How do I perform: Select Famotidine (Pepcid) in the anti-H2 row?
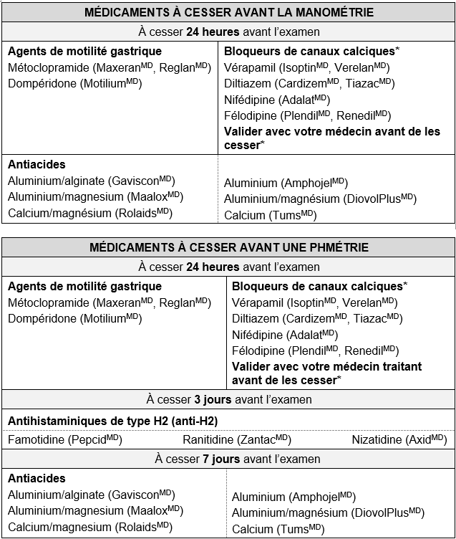[65, 439]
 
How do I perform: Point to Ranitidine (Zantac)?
[236, 439]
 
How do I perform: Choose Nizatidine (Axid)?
[399, 439]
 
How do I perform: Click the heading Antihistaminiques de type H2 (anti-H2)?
[112, 420]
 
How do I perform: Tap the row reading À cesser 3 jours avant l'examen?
[228, 399]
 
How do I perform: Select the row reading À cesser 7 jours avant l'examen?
[228, 459]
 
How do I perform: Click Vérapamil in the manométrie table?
[246, 67]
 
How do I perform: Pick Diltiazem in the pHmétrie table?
[256, 318]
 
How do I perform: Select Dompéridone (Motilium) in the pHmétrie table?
[74, 318]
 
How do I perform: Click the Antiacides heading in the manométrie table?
[37, 165]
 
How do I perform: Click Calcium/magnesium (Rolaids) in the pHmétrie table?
[89, 526]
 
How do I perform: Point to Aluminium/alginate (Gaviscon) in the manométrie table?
[91, 181]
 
